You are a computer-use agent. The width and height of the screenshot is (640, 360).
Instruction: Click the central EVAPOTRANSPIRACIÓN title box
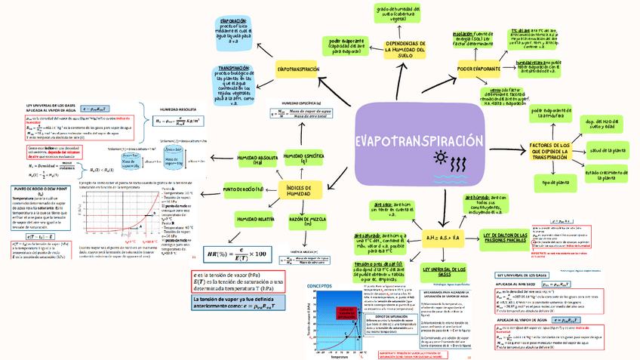tap(418, 141)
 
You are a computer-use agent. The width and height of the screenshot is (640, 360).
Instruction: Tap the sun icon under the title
tap(439, 158)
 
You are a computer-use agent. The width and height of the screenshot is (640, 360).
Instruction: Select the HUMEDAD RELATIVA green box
tap(254, 219)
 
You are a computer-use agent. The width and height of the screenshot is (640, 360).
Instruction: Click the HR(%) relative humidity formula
tap(232, 252)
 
